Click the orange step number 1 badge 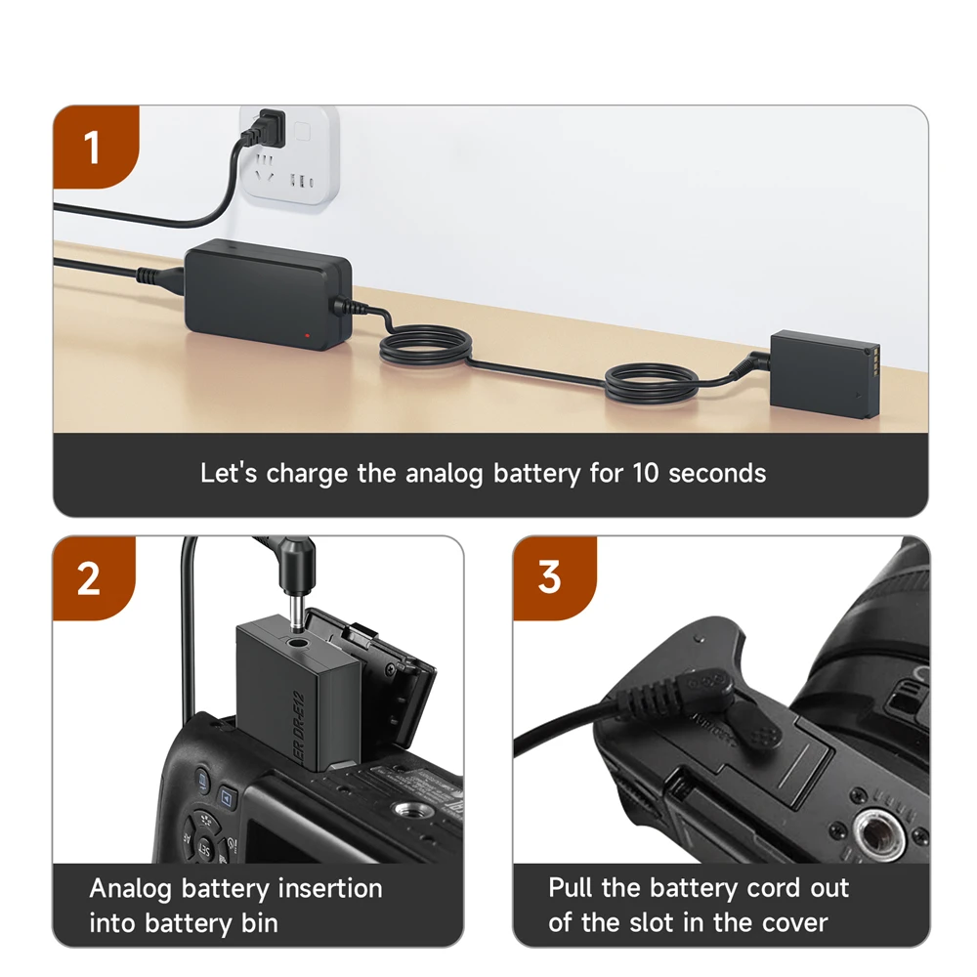(x=93, y=149)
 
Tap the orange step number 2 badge (x=89, y=578)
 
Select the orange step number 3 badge (x=550, y=578)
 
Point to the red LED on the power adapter (x=307, y=335)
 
